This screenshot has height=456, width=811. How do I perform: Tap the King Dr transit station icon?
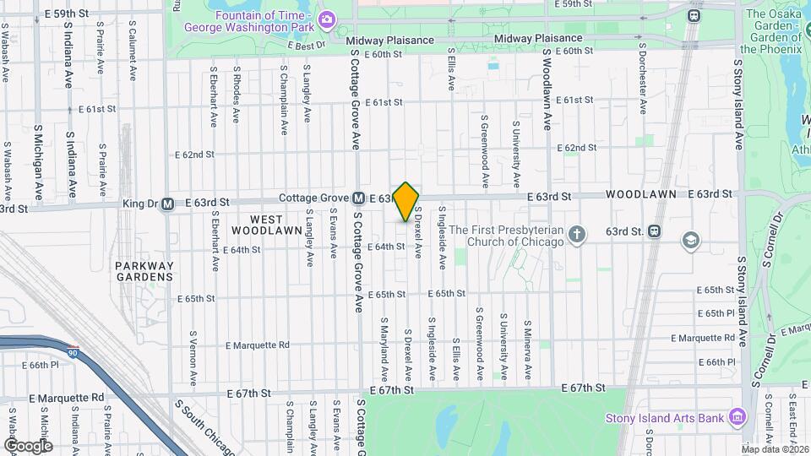coord(167,204)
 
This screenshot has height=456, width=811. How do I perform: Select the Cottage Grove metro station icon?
coord(358,198)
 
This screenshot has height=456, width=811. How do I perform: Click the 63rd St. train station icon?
coord(656,231)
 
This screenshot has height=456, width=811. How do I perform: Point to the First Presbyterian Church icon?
coord(577,232)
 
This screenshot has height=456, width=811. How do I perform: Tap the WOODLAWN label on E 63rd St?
coord(640,194)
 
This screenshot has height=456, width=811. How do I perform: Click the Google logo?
coord(27,445)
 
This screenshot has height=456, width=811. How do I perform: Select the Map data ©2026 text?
coord(775,448)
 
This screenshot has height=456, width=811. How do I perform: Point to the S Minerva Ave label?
coord(528,348)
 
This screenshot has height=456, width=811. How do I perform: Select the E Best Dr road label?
coord(307,46)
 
